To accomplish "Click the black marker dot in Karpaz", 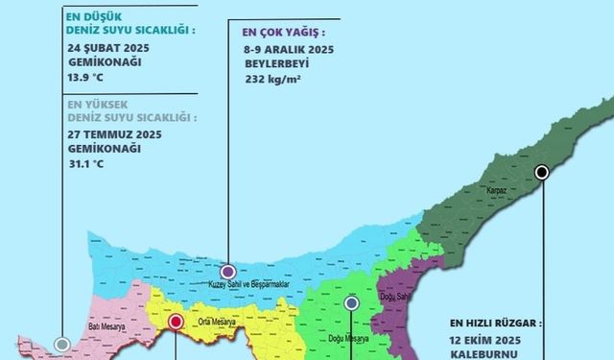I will click(542, 172).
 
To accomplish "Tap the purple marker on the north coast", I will click(228, 272).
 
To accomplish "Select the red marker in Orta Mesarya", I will click(176, 323).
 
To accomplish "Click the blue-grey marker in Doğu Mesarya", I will click(351, 302).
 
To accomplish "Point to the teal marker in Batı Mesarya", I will click(62, 344).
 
